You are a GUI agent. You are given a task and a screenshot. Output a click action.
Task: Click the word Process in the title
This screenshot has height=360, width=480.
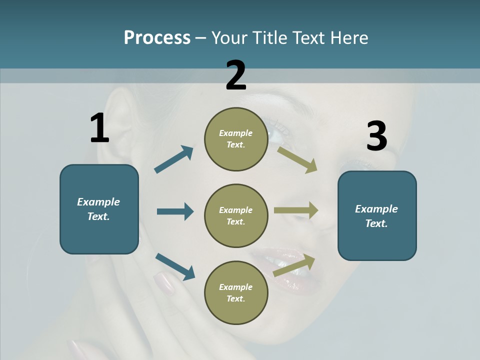point(157,37)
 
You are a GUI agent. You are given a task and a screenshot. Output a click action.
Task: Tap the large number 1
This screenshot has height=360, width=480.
point(99,128)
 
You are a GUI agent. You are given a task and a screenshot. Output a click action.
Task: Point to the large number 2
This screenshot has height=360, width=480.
point(236,75)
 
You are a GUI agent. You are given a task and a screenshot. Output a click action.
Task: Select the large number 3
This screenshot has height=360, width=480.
point(376,136)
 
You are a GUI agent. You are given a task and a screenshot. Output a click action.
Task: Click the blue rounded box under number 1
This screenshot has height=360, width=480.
point(99,209)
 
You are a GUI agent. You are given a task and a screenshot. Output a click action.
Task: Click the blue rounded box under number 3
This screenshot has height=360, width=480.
point(377,215)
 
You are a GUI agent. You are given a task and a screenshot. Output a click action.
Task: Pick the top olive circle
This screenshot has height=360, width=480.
point(236,139)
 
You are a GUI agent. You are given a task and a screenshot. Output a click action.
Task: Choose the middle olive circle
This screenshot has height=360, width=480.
point(236,215)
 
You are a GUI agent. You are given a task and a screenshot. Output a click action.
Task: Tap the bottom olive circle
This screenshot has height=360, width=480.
point(236,292)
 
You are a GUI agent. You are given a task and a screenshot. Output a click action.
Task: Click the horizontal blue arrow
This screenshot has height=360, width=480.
point(175,211)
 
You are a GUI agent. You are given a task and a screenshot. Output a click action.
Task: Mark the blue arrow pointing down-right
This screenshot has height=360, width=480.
point(175,266)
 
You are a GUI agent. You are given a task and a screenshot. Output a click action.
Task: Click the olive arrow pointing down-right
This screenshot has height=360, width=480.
point(297,159)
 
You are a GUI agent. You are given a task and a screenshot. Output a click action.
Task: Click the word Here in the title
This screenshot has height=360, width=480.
point(349,37)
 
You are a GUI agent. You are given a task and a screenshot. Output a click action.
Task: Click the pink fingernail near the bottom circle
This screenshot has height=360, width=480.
point(163,283)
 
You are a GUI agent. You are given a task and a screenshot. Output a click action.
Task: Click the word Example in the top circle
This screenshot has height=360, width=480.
point(236,133)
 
